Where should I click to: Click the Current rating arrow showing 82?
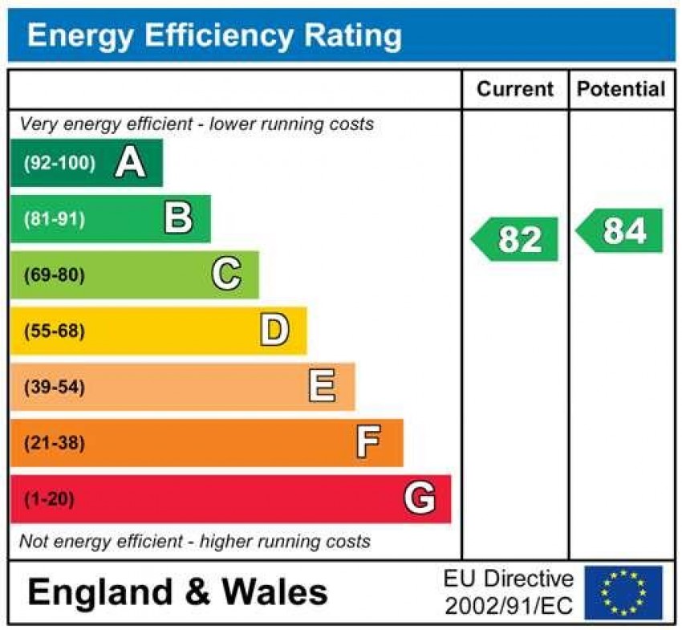pyautogui.click(x=515, y=239)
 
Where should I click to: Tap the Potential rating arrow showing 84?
pyautogui.click(x=620, y=231)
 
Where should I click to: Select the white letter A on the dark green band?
pyautogui.click(x=130, y=163)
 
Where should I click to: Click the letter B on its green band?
pyautogui.click(x=178, y=219)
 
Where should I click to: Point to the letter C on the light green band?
pyautogui.click(x=226, y=275)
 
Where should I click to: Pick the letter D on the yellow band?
pyautogui.click(x=274, y=331)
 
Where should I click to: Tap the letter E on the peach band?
pyautogui.click(x=322, y=387)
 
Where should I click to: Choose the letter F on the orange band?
pyautogui.click(x=368, y=442)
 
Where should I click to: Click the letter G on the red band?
pyautogui.click(x=420, y=499)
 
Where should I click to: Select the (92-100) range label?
pyautogui.click(x=59, y=163)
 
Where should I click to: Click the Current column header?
pyautogui.click(x=515, y=89)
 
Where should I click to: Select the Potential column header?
pyautogui.click(x=621, y=89)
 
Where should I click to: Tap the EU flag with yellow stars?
pyautogui.click(x=623, y=592)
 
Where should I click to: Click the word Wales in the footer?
pyautogui.click(x=274, y=592)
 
